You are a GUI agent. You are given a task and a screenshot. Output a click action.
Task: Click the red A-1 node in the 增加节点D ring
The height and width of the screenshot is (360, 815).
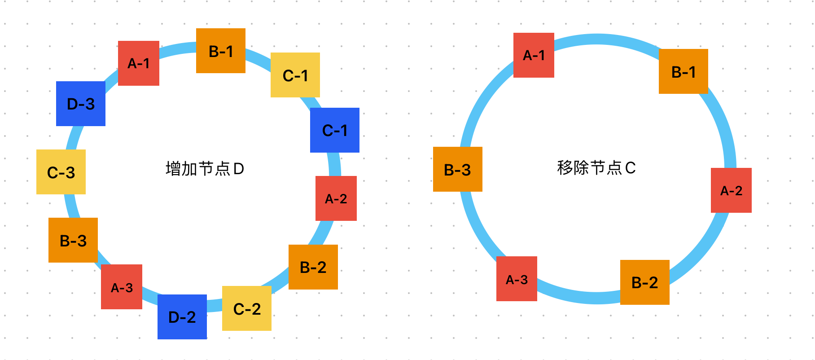[138, 63]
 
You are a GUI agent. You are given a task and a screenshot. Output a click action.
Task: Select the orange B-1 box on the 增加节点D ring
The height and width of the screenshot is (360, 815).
[221, 51]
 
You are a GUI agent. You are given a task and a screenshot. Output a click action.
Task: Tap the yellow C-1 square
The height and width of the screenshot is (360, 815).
[295, 75]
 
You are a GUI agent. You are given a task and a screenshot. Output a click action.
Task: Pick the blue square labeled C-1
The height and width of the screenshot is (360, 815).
[335, 130]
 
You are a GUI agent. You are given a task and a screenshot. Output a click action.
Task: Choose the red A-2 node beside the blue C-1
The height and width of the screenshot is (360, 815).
[336, 198]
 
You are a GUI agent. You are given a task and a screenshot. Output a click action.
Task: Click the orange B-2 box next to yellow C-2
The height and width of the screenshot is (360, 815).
[313, 267]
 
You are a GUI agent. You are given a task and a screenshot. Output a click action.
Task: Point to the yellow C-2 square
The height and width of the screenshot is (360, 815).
[247, 308]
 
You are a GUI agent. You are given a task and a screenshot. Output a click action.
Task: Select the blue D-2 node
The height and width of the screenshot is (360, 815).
[182, 317]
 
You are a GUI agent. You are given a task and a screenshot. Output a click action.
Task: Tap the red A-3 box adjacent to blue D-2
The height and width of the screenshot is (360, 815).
[122, 287]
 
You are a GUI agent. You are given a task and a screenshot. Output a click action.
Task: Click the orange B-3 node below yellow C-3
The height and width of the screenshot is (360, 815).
[73, 240]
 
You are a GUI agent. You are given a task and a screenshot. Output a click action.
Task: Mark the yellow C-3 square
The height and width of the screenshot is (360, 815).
[61, 172]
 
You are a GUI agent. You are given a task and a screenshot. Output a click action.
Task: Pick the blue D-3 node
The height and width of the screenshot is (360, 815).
[81, 104]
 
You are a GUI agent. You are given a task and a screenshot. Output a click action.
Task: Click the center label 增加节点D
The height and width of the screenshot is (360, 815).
[205, 169]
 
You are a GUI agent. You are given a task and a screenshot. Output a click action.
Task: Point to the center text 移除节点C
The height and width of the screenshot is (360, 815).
[596, 168]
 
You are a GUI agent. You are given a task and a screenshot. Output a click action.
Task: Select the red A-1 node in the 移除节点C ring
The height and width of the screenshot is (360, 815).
[534, 55]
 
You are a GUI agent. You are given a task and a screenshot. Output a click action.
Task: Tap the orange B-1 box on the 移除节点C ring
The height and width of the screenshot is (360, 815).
[684, 71]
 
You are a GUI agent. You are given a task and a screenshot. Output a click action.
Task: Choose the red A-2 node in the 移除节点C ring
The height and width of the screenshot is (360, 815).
[731, 190]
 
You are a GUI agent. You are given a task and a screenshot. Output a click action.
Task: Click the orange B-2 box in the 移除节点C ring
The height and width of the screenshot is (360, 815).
[645, 282]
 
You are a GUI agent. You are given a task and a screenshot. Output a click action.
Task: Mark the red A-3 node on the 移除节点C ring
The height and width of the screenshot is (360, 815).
[517, 279]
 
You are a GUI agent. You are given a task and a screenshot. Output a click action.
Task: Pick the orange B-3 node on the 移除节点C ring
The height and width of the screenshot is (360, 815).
[458, 169]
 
